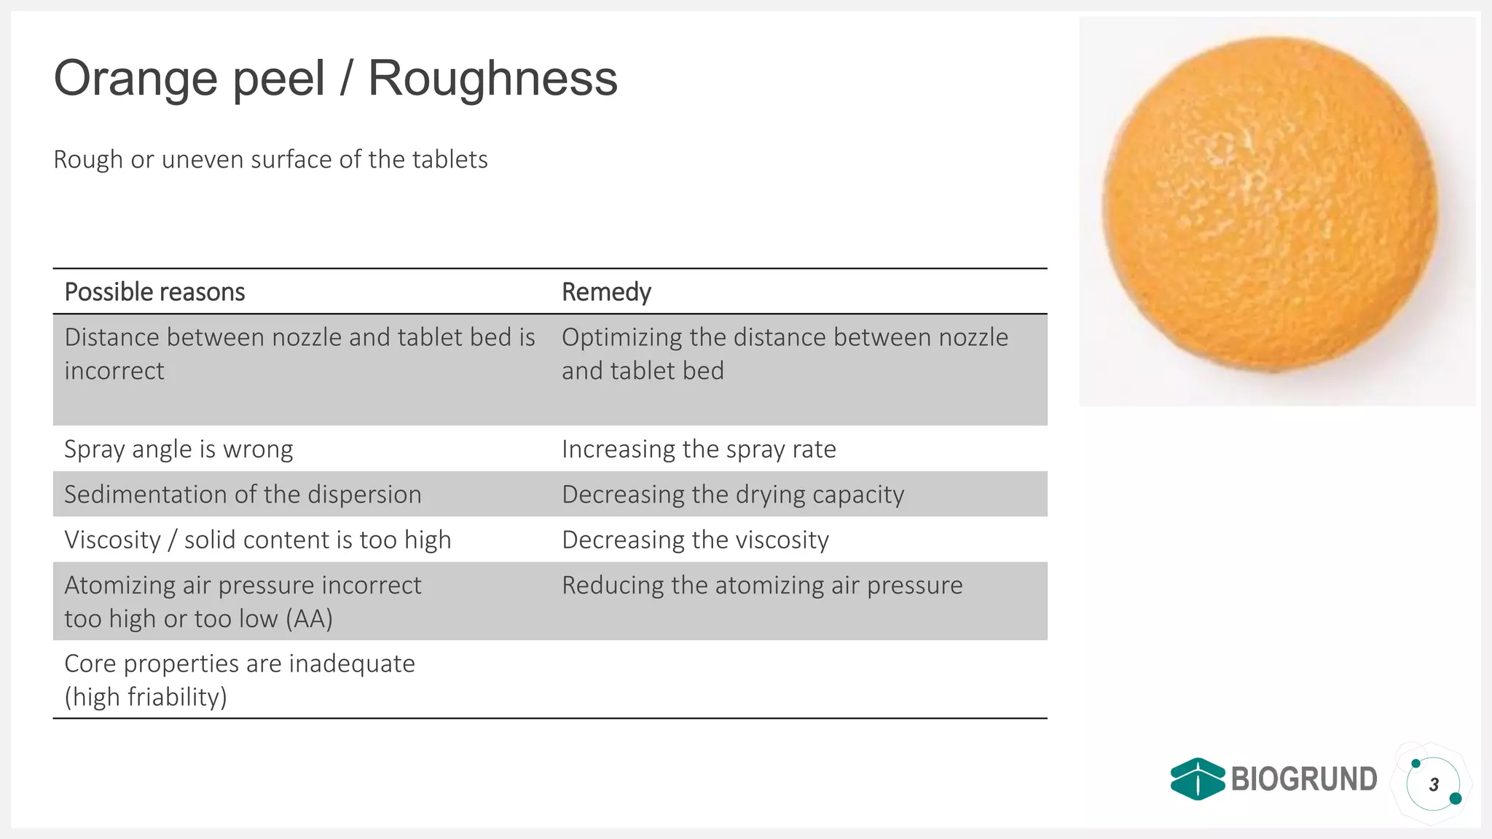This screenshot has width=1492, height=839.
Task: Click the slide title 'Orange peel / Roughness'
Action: (x=335, y=78)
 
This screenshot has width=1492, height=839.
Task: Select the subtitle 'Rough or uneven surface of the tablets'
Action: (x=270, y=159)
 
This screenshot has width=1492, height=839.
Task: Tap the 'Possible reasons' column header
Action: (x=154, y=292)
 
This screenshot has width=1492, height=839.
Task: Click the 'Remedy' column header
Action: (x=606, y=292)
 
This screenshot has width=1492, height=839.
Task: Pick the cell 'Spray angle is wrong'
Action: (x=178, y=449)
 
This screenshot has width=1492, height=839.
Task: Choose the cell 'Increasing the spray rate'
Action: (x=699, y=449)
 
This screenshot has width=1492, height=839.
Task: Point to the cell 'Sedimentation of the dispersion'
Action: (x=243, y=495)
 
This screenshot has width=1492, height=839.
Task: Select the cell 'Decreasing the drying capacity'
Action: (x=733, y=495)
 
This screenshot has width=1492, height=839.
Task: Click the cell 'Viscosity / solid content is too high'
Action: (x=258, y=540)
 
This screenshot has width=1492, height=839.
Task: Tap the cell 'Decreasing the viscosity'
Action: (x=695, y=540)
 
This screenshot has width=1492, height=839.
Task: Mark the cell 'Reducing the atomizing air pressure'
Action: (x=762, y=586)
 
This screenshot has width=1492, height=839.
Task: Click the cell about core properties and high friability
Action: (x=240, y=680)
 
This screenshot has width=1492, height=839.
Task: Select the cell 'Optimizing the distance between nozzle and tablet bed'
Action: (x=785, y=354)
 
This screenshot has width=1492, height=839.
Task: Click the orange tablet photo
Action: (x=1271, y=206)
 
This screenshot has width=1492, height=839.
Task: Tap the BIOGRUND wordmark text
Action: (x=1304, y=779)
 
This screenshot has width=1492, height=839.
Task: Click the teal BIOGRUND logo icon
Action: (x=1197, y=779)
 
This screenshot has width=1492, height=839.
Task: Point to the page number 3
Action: (x=1434, y=785)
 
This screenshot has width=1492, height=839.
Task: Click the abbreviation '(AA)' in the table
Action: (x=310, y=619)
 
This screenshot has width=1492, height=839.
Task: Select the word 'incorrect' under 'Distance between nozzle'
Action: (x=114, y=371)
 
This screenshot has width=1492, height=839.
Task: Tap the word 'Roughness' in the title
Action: (x=493, y=78)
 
